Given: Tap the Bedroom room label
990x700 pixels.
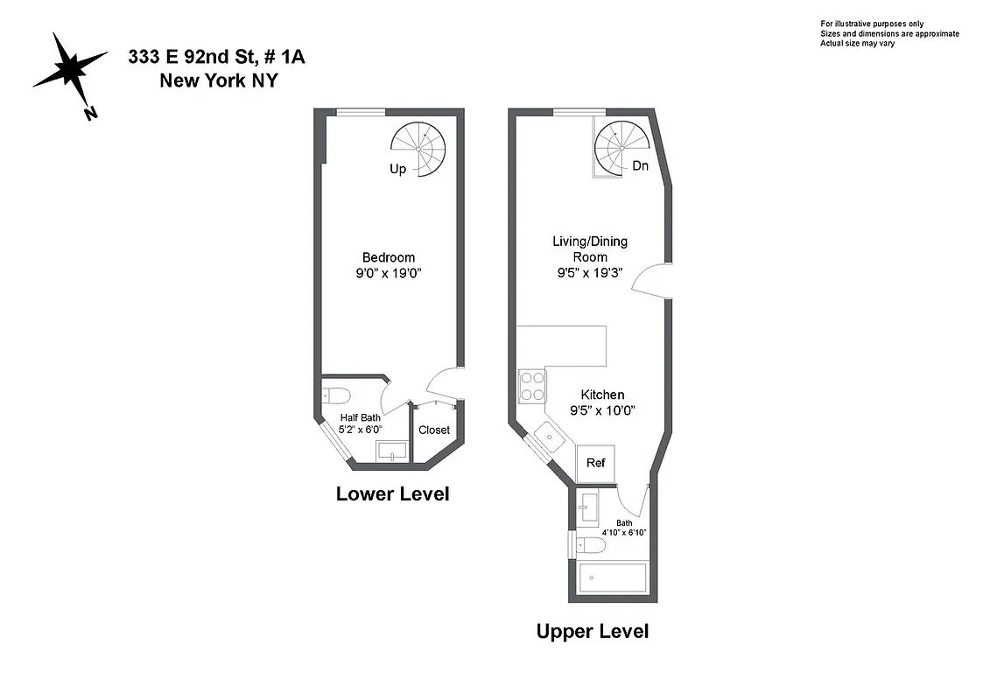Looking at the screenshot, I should [x=389, y=257].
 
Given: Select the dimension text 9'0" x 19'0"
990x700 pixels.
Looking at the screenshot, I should [x=389, y=273].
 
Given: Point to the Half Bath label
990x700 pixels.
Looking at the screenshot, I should [x=360, y=417].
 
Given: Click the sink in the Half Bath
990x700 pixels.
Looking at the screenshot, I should [x=391, y=451].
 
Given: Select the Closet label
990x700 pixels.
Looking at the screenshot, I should [x=434, y=430].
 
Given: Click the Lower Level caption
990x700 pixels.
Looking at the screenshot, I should [x=392, y=494].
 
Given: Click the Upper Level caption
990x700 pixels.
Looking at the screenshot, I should [x=593, y=631].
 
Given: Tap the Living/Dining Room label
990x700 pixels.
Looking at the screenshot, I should [x=590, y=248].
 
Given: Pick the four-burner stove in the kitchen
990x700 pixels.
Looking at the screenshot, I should [x=532, y=386].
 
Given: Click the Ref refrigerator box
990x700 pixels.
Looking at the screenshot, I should [x=595, y=463].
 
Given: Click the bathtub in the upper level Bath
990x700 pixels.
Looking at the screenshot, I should [x=614, y=578].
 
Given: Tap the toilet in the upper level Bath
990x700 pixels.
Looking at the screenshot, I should [x=591, y=546].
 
